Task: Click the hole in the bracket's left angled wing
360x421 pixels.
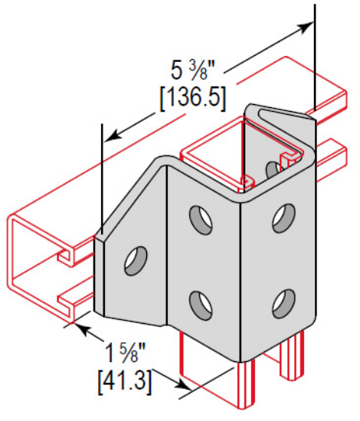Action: (x=136, y=259)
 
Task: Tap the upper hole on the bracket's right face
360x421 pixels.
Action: (x=284, y=217)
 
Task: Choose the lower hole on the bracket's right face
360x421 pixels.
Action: (x=284, y=300)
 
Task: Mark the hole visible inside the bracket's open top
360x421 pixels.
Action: (x=272, y=168)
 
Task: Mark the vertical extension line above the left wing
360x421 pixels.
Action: (x=100, y=176)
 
